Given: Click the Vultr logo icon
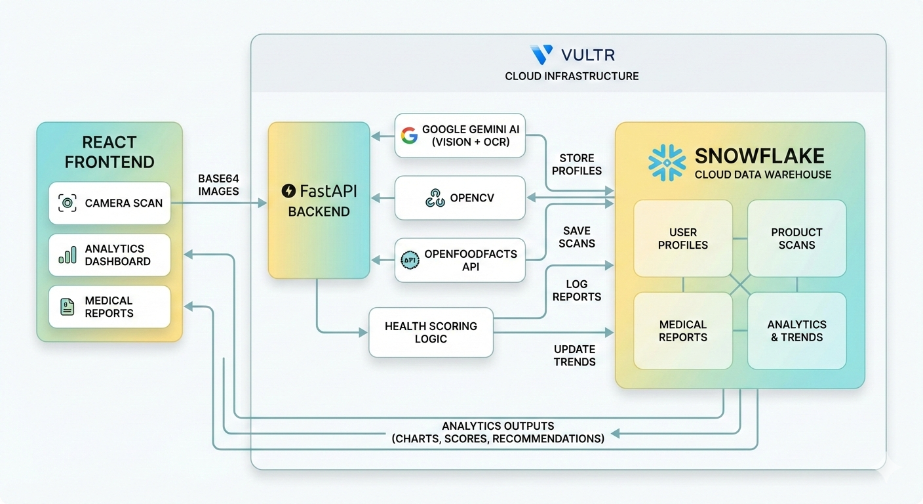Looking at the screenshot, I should (541, 54).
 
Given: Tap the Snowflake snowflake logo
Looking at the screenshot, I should (667, 163).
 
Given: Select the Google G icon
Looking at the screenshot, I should (409, 136).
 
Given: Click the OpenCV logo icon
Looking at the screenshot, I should (435, 198).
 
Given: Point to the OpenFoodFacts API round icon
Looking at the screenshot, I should (409, 260).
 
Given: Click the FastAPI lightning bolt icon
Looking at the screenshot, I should (288, 192).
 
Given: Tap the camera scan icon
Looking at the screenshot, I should (68, 203).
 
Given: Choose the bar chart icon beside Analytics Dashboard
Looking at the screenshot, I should (67, 255).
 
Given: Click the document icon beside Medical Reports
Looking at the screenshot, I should (67, 306).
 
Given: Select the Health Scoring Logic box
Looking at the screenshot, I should (431, 332).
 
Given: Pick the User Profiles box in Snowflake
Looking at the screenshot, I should (683, 238).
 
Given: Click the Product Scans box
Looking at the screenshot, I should (796, 238).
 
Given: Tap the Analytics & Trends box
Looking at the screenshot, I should (796, 331).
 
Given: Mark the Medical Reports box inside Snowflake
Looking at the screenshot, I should (683, 331).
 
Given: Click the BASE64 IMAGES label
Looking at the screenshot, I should (218, 184).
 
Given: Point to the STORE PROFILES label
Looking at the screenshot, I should (577, 165).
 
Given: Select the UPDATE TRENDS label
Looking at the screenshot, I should (574, 355).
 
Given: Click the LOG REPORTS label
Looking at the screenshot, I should (576, 290).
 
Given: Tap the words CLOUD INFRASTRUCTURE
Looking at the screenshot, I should (572, 76).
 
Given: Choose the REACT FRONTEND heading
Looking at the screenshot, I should (109, 152).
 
